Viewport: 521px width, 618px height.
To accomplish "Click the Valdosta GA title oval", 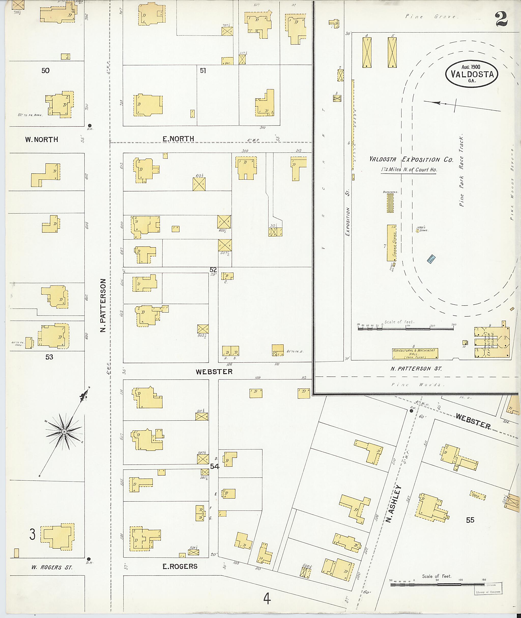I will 472,74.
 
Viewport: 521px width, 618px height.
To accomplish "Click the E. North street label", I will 178,139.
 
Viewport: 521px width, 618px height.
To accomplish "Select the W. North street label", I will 41,139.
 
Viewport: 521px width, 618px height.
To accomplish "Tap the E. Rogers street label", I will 180,566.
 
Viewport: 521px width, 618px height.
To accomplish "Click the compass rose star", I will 64,432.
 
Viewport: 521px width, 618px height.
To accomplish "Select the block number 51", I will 203,71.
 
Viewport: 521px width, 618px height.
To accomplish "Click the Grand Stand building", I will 392,243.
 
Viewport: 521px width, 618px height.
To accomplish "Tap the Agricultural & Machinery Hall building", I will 415,353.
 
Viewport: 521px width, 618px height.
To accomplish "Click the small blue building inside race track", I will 431,259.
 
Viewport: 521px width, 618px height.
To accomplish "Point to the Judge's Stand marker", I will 418,231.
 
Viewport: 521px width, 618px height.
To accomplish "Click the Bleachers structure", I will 390,203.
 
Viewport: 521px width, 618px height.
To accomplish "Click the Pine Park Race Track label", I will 461,171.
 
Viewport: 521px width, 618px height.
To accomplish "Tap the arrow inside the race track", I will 437,103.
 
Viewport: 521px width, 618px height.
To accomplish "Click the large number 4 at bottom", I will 267,599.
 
